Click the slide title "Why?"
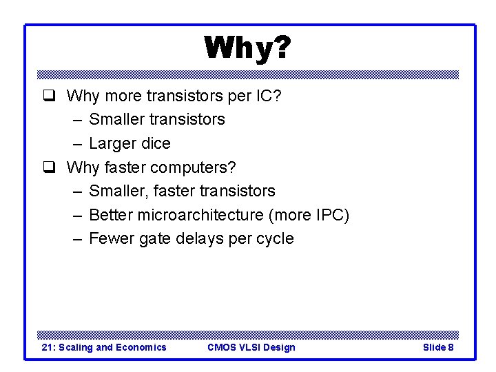click(x=247, y=48)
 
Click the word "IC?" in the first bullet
click(x=267, y=96)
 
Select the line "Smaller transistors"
click(x=157, y=119)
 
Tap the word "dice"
click(x=156, y=143)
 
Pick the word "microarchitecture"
click(x=200, y=215)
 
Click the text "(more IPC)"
click(x=309, y=215)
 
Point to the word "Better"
click(x=112, y=215)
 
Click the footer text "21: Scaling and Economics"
click(x=104, y=347)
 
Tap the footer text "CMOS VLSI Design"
click(x=251, y=347)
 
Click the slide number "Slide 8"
click(x=437, y=347)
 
